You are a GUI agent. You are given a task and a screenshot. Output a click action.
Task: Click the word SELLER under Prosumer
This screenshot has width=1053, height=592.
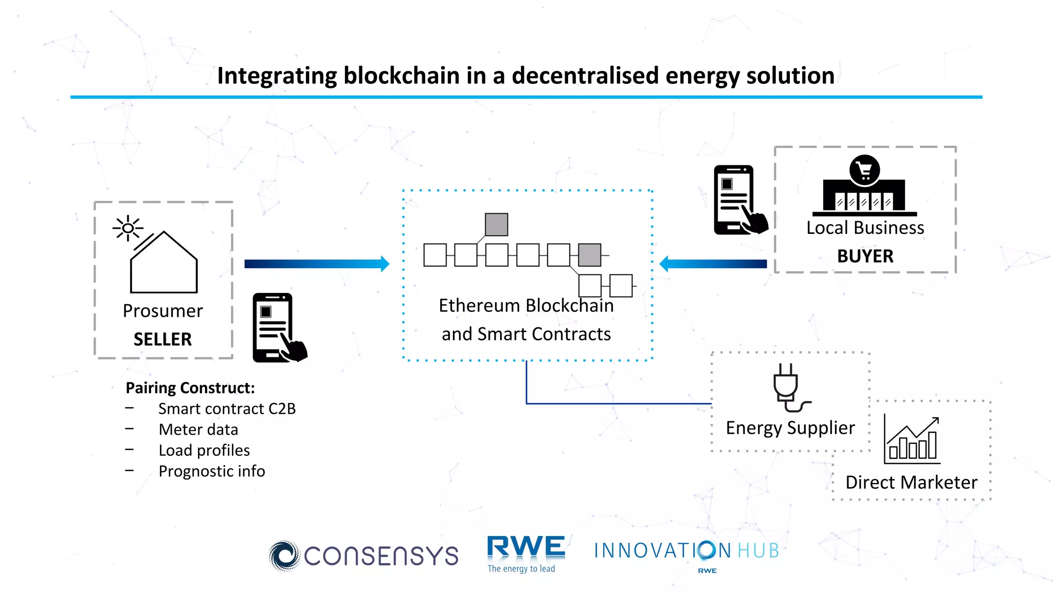(162, 339)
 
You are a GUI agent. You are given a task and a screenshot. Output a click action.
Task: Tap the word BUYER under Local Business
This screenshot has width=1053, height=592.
(865, 256)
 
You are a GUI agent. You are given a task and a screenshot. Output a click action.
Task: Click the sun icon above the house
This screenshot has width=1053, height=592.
(128, 228)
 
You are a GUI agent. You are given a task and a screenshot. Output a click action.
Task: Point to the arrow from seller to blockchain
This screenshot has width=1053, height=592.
(316, 264)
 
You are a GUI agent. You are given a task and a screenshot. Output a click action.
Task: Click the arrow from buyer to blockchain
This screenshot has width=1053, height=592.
(714, 264)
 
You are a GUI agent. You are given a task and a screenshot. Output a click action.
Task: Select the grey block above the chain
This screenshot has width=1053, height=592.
(496, 225)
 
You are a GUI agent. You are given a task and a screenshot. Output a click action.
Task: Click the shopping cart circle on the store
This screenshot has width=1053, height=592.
(864, 170)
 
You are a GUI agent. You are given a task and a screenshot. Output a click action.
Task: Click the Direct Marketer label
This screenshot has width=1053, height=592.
(911, 482)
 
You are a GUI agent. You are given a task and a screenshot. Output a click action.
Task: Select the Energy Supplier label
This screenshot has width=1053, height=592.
(790, 428)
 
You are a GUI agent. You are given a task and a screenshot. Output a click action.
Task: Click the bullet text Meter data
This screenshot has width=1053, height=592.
(198, 430)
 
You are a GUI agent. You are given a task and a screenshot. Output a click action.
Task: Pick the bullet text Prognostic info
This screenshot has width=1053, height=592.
(212, 471)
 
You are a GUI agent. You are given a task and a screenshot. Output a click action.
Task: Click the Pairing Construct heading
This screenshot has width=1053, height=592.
(190, 387)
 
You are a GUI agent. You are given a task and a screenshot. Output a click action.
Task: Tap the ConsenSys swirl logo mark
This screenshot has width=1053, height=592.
(283, 556)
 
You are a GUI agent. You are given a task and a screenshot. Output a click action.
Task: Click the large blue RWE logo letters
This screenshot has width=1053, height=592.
(525, 547)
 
